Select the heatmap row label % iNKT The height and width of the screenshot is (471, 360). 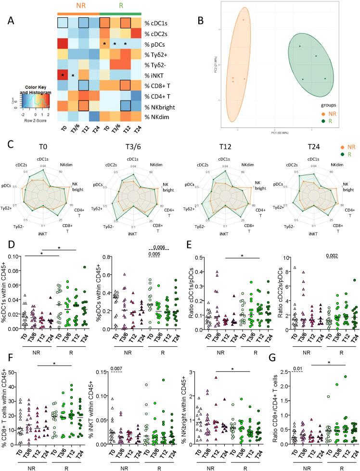tap(156, 75)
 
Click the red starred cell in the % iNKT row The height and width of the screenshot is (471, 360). tap(63, 75)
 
